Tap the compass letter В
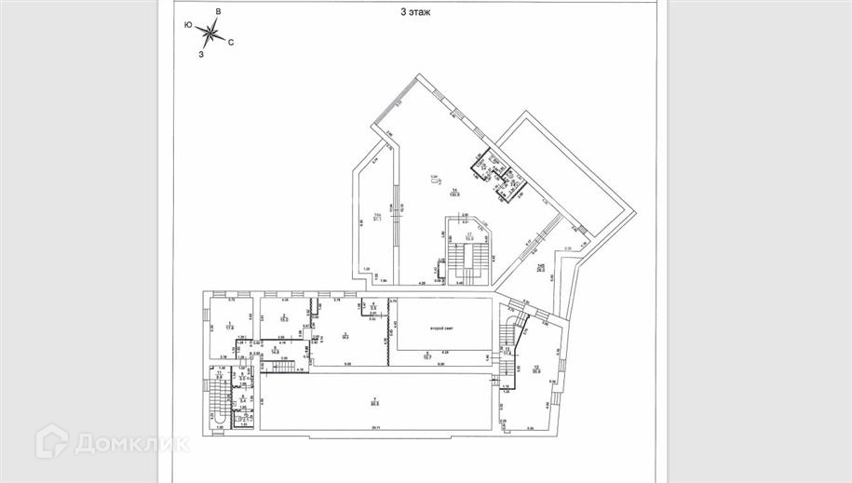[x=217, y=11]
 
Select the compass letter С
[x=231, y=42]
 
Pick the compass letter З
[x=201, y=54]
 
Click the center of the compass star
[x=211, y=34]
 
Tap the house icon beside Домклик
[x=52, y=442]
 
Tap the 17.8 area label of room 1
[x=227, y=328]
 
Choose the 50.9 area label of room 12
[x=537, y=369]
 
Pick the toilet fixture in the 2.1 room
[x=218, y=423]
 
